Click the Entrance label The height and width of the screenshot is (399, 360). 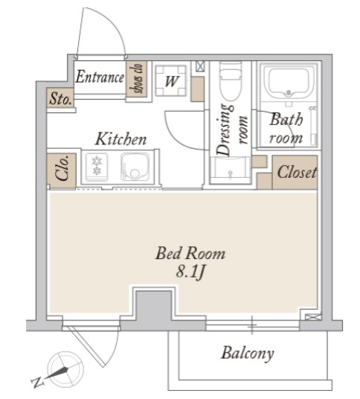(100, 77)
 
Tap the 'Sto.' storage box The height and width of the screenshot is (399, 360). (60, 98)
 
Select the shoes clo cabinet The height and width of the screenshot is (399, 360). (136, 79)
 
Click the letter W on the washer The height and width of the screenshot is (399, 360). (171, 81)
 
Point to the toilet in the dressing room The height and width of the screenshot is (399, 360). (231, 81)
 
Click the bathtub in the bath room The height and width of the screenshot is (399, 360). (288, 83)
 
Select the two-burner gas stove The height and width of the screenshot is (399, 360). (97, 166)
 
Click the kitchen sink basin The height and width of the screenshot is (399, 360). (135, 167)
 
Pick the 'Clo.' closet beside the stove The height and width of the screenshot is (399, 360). (62, 171)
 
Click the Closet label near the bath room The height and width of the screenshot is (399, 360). (297, 172)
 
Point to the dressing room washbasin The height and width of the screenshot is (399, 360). (231, 169)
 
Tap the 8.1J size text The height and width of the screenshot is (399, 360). (190, 272)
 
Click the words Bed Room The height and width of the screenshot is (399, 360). (190, 253)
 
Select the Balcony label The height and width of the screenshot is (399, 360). (248, 353)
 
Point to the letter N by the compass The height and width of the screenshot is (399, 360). (38, 382)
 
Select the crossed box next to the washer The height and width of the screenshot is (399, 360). (200, 67)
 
